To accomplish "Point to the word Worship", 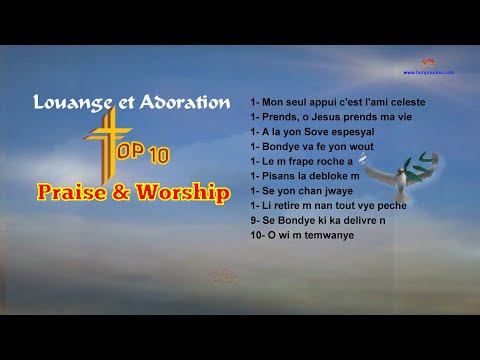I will [x=181, y=191].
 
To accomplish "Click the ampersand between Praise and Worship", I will [x=125, y=191].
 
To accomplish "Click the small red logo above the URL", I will [x=434, y=61].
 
